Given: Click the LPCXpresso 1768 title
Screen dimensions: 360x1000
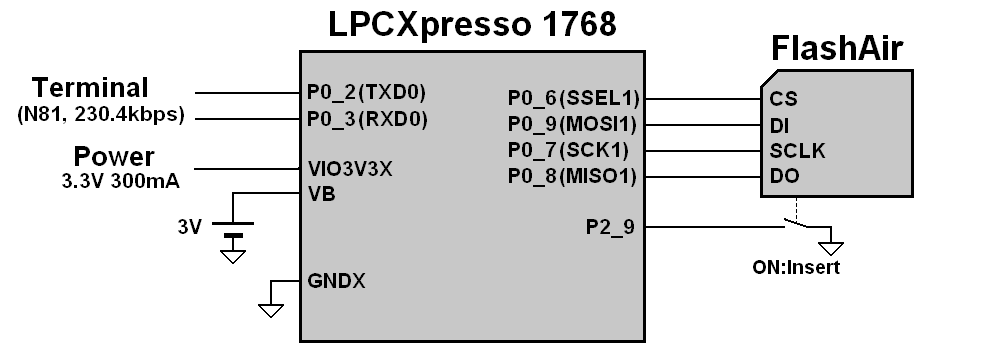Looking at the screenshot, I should coord(472,24).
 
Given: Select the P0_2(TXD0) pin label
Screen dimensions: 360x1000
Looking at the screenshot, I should coord(367,93).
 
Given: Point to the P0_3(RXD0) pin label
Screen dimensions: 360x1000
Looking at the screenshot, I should coord(367,119).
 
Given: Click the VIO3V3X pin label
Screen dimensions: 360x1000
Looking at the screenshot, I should coord(350,169).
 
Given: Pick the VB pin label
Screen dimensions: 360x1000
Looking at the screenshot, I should coord(322,194).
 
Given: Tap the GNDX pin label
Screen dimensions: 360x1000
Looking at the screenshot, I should coord(336,281).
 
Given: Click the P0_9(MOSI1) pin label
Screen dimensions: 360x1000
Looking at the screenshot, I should coord(574,125).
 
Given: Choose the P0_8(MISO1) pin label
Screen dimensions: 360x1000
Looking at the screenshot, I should coord(574,177).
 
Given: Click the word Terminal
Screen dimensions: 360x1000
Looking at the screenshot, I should coord(90,87).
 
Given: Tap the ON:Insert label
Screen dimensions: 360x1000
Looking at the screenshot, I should coord(796,268).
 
